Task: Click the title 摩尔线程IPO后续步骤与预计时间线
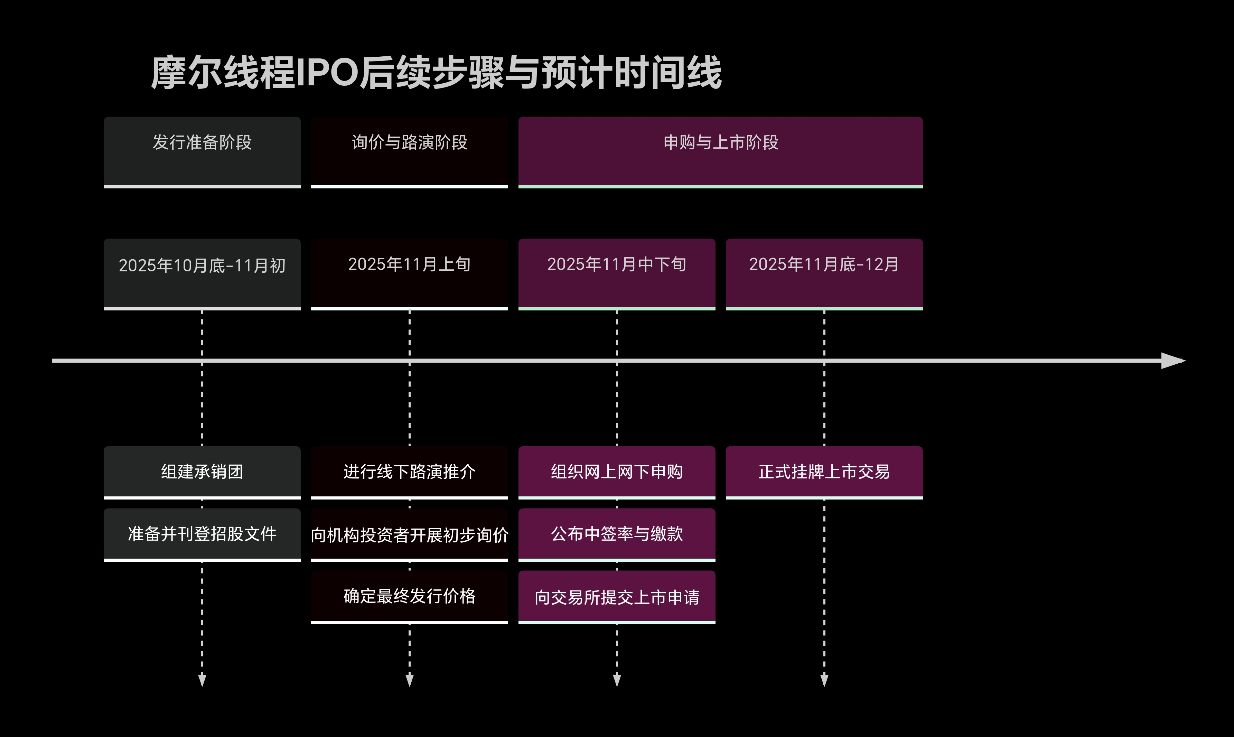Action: pos(436,73)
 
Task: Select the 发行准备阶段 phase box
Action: pos(202,152)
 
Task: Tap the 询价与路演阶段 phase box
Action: pos(409,152)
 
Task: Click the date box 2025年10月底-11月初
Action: pos(202,274)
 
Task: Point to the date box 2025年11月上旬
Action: pos(409,274)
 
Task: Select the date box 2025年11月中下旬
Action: pos(617,274)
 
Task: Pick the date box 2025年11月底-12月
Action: pos(824,274)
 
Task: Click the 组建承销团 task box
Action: pos(202,472)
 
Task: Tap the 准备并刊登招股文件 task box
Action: pos(202,534)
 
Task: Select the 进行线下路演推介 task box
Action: pos(409,472)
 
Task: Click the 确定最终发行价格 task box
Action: pos(409,596)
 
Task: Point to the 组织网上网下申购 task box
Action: pos(617,472)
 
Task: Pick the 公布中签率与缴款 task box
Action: pos(617,534)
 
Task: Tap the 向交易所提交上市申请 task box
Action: pos(617,596)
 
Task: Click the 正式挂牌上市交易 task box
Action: pos(824,472)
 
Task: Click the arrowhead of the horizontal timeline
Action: pos(1172,361)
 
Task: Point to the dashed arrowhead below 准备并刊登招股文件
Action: pos(202,680)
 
